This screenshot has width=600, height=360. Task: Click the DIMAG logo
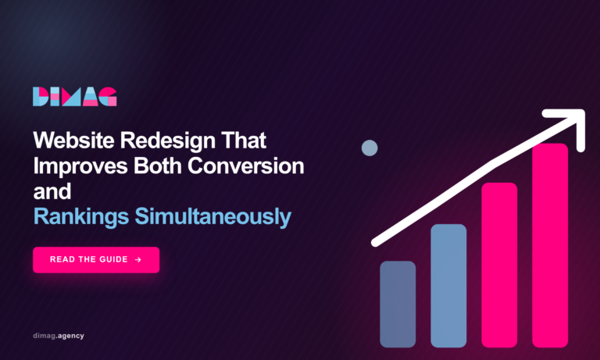(75, 96)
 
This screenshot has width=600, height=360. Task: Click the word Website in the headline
(74, 140)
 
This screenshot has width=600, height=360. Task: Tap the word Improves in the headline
(80, 167)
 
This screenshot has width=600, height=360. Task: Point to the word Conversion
(245, 166)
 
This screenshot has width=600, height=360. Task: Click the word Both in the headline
(157, 166)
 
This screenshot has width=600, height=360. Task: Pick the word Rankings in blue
(81, 217)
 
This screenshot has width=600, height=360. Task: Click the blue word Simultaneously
(212, 217)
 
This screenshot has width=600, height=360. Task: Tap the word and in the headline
(52, 191)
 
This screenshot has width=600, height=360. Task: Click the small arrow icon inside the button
(138, 260)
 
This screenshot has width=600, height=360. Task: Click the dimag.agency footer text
(59, 336)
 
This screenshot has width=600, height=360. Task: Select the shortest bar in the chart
(398, 304)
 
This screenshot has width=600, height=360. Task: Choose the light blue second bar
(448, 286)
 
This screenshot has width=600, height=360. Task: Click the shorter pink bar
(499, 265)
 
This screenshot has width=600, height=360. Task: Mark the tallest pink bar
(550, 245)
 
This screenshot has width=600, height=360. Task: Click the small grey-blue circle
(370, 148)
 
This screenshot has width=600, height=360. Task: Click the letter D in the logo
(41, 96)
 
